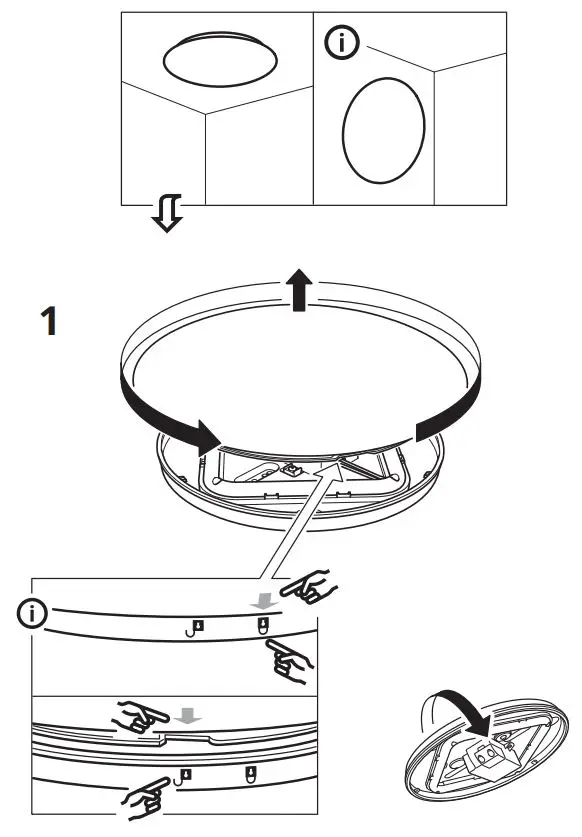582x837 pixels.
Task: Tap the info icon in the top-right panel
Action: [343, 42]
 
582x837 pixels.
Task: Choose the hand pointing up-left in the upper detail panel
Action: [290, 660]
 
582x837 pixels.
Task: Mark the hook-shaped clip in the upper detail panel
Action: [195, 629]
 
